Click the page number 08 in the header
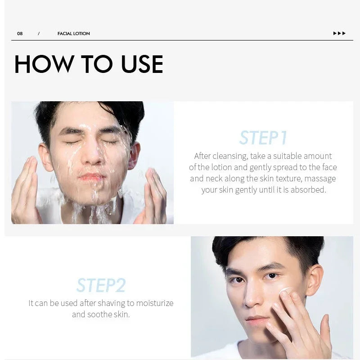click(20, 34)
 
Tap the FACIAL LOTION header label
click(74, 34)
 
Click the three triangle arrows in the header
click(339, 33)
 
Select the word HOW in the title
click(44, 64)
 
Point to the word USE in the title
click(142, 64)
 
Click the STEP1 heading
click(263, 138)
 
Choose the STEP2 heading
click(101, 285)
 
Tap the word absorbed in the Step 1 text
click(309, 190)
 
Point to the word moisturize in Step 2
click(152, 303)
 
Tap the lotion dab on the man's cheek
click(285, 290)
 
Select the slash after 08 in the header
click(39, 34)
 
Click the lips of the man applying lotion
click(257, 320)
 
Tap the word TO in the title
click(97, 64)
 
